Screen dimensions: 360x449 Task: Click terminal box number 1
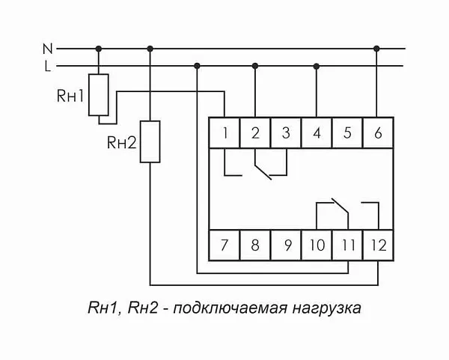(224, 134)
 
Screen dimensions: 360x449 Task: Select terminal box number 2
(255, 134)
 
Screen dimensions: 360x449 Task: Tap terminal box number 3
(285, 134)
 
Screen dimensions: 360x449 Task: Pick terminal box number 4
(317, 134)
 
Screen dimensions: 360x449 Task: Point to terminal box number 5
(347, 134)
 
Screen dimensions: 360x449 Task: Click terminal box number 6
(377, 134)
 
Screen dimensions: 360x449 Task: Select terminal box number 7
(224, 244)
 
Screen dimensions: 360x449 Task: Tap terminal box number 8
(255, 244)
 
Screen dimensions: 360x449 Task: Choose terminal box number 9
(285, 244)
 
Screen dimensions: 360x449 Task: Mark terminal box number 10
(317, 244)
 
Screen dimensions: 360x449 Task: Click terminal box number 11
(347, 244)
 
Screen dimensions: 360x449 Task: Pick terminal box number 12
(377, 244)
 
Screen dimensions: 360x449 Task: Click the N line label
(46, 49)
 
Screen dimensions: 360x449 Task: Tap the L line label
(47, 67)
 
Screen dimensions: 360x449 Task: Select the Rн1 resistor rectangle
(98, 95)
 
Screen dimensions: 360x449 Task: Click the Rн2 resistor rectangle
(150, 142)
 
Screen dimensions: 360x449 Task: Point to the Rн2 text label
(122, 142)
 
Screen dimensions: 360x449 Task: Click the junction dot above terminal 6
(377, 49)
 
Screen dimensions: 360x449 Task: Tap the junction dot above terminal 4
(317, 67)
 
